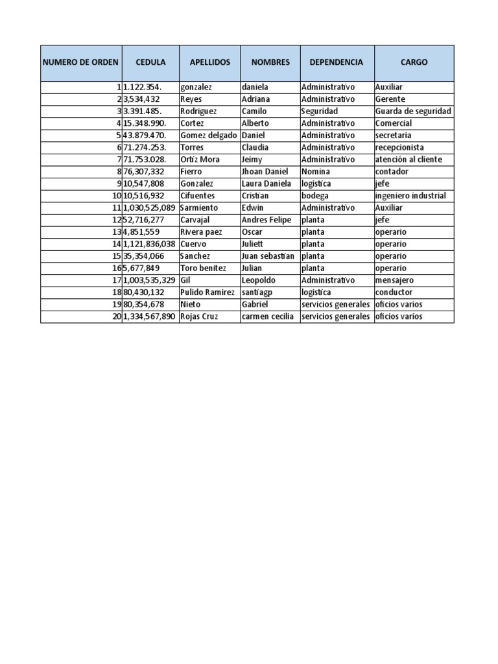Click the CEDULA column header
click(x=150, y=62)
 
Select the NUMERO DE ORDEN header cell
click(x=80, y=62)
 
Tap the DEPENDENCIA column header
click(x=336, y=62)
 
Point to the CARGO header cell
click(x=414, y=62)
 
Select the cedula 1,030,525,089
click(x=149, y=207)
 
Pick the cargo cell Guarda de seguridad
click(x=413, y=111)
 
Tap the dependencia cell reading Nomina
click(x=316, y=172)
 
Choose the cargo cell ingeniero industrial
click(x=410, y=196)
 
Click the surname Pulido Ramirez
click(x=207, y=292)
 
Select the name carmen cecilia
click(x=267, y=316)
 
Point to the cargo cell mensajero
click(x=394, y=280)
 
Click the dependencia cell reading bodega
click(x=314, y=196)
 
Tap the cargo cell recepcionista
click(x=399, y=147)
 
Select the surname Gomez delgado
click(x=209, y=136)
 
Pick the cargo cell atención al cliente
click(x=409, y=160)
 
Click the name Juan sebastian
click(x=268, y=256)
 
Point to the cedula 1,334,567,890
click(x=149, y=316)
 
